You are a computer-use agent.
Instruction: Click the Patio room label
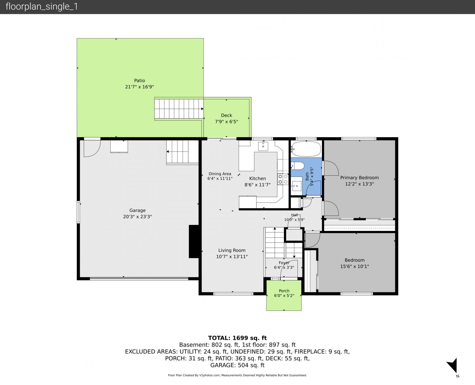(139, 81)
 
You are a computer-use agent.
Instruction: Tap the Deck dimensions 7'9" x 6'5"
(226, 122)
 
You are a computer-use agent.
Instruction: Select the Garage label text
(137, 210)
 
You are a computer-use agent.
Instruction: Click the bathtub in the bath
(306, 149)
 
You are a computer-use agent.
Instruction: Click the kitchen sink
(263, 146)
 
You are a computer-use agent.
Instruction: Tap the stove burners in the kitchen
(283, 179)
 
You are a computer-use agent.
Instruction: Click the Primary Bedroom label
(359, 178)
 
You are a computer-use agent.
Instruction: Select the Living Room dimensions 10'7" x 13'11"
(232, 257)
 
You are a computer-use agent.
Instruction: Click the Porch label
(284, 291)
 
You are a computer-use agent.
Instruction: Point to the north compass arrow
(453, 365)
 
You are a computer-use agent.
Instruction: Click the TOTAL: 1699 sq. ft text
(237, 338)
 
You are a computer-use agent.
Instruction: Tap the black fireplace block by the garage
(194, 242)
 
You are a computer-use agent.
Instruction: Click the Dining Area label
(220, 174)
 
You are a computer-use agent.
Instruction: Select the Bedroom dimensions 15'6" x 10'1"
(354, 266)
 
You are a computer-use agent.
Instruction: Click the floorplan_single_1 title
(42, 6)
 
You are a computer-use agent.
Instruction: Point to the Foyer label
(284, 263)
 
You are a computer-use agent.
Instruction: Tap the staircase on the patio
(179, 109)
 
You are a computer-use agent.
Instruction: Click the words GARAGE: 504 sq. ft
(237, 365)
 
